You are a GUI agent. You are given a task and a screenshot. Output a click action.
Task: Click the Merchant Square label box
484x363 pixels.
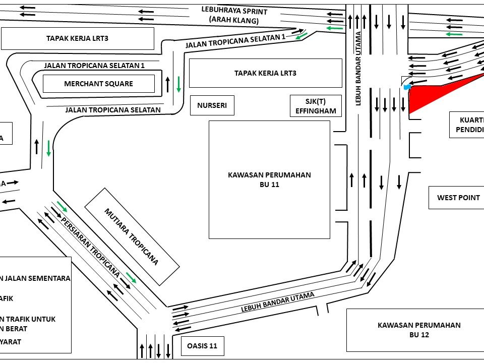pos(98,84)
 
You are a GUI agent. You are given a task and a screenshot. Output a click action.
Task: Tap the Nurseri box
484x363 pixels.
pos(212,106)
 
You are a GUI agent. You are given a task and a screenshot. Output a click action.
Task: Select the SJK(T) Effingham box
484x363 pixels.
pos(316,106)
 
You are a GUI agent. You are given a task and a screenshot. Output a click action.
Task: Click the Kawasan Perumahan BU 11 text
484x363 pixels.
pos(269,180)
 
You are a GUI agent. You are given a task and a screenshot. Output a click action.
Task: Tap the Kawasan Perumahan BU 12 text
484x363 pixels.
pos(419,330)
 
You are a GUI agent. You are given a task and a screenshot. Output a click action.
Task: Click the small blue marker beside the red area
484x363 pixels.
pos(407,87)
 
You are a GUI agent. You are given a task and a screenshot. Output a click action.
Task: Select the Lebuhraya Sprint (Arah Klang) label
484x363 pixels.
pos(234,16)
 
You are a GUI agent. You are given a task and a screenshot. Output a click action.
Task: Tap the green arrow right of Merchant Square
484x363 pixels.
pos(178,84)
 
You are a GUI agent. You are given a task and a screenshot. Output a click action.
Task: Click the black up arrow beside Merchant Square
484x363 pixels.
pos(167,84)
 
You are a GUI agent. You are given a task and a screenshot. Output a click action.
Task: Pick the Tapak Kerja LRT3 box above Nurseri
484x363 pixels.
pos(265,73)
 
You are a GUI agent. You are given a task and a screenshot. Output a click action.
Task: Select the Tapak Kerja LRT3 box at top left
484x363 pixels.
pos(77,38)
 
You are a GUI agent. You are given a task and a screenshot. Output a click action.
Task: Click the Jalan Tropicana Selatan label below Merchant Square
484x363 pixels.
pos(113,109)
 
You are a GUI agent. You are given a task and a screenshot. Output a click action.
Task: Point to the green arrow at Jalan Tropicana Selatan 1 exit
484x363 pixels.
pos(302,35)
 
